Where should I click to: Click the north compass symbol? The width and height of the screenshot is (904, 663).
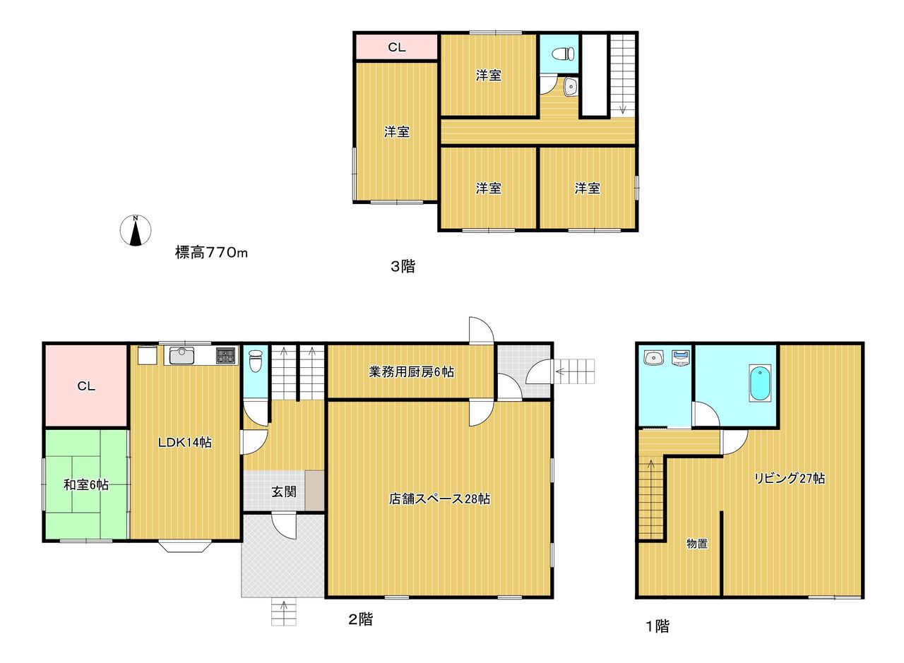136,230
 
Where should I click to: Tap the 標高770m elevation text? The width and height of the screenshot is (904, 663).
211,253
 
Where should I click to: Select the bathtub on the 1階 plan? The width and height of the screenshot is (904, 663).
760,383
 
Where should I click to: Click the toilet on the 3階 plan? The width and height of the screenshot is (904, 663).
563,53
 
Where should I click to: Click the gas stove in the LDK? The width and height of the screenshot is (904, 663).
225,356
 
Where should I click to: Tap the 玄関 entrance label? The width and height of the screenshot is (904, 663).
284,491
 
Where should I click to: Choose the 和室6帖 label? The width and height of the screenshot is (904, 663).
86,484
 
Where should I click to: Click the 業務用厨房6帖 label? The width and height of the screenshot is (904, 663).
411,371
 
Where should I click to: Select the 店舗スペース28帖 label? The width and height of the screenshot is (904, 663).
439,499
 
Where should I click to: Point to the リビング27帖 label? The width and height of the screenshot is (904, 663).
790,478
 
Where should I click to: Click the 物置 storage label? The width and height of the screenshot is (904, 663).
697,544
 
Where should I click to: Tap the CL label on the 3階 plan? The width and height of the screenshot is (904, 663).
397,47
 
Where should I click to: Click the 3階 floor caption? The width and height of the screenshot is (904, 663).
403,266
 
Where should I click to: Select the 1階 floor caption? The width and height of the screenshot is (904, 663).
658,626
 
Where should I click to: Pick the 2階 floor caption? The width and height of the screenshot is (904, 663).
361,619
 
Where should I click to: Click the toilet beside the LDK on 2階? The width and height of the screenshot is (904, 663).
256,360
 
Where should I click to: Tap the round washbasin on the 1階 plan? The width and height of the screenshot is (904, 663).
654,357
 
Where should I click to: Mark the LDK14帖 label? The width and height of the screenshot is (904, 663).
185,443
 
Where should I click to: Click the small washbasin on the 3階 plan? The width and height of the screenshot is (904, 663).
571,86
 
